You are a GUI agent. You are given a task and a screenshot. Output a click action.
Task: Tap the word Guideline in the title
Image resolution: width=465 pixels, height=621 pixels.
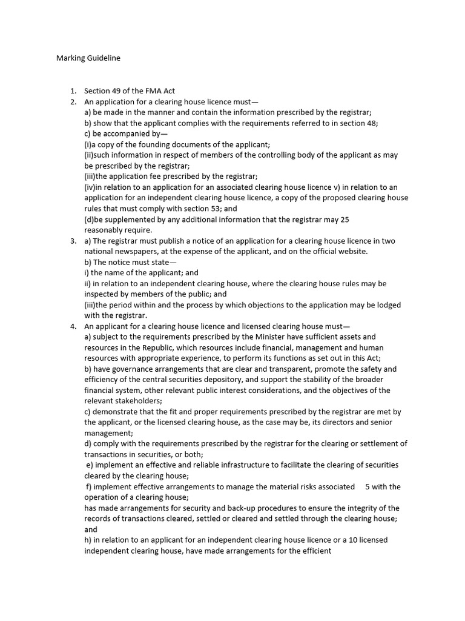click(x=103, y=58)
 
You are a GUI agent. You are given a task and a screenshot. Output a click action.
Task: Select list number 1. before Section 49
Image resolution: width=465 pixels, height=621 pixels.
click(x=73, y=91)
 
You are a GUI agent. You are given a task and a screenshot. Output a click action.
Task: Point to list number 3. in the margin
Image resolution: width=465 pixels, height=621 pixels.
click(x=73, y=241)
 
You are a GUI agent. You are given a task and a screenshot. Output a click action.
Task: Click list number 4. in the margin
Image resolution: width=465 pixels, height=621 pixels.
click(x=73, y=326)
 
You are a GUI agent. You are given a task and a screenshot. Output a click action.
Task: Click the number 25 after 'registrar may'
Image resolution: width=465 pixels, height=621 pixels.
click(x=345, y=220)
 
